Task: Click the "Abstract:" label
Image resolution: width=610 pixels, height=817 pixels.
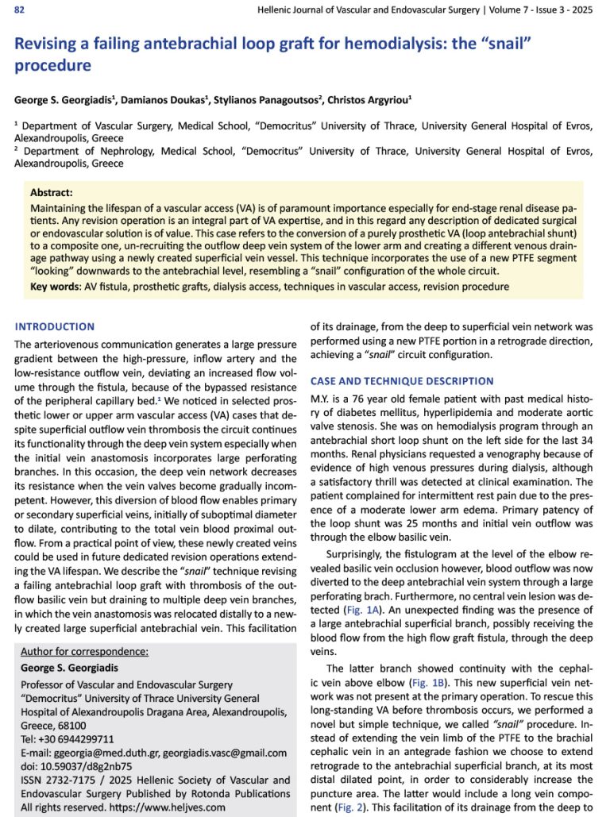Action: (x=51, y=193)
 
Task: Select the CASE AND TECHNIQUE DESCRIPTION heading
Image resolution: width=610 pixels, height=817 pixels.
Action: (x=402, y=381)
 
